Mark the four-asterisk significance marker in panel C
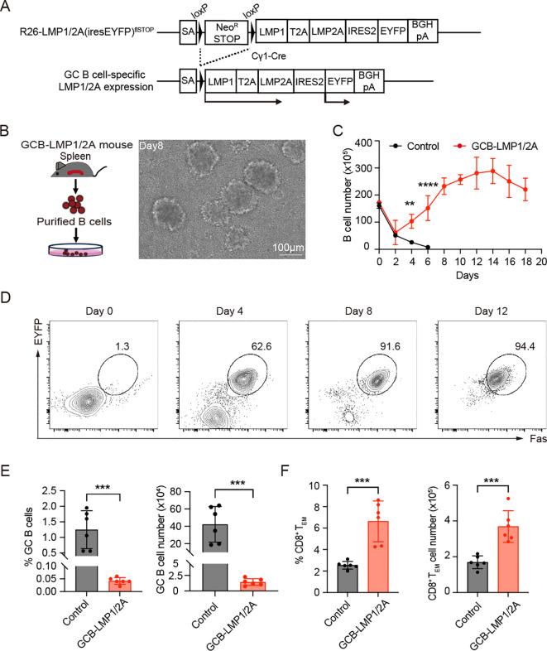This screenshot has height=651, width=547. tap(428, 184)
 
